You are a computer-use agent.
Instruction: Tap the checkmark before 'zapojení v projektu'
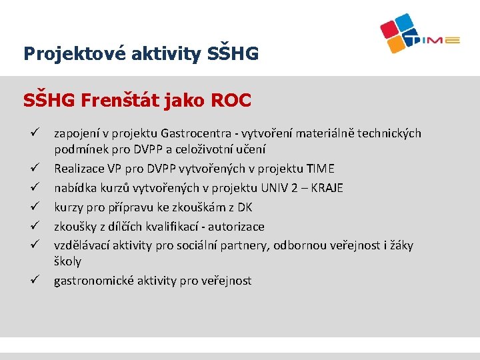point(28,133)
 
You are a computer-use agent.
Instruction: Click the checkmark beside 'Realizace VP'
point(28,169)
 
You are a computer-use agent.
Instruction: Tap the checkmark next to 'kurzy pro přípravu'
point(28,207)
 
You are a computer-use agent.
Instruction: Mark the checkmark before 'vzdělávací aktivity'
point(28,245)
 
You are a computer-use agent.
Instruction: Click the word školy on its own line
point(67,261)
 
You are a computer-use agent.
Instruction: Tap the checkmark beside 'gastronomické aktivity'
point(28,280)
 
